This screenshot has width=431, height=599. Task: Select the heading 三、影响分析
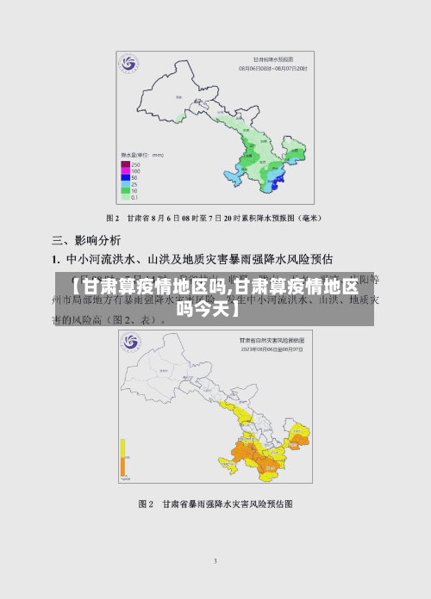[x=86, y=239]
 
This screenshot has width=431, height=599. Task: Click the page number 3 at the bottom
[x=215, y=560]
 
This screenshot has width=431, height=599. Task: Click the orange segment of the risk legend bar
[x=123, y=466]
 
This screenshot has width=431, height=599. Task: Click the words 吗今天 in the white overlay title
[x=208, y=307]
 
